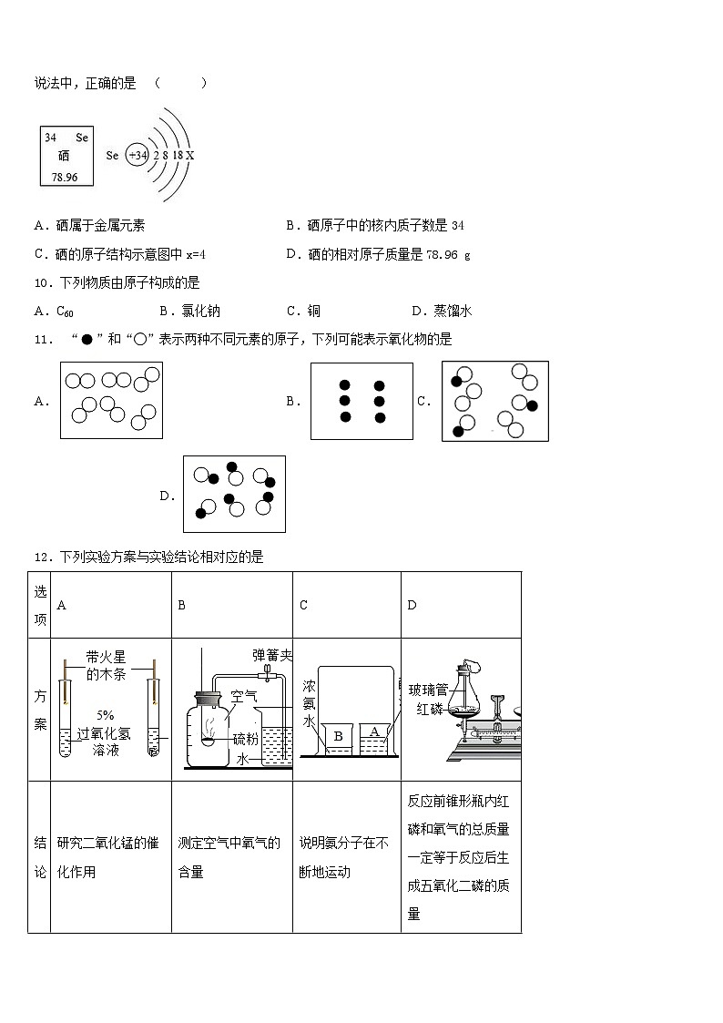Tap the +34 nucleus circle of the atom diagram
137,156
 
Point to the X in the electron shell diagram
189,156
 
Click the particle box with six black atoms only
361,401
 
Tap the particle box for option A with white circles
111,399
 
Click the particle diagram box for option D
234,494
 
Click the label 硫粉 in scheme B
245,739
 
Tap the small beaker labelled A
374,734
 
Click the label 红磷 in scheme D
427,709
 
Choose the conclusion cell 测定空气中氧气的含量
231,857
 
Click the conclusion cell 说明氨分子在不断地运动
346,857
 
